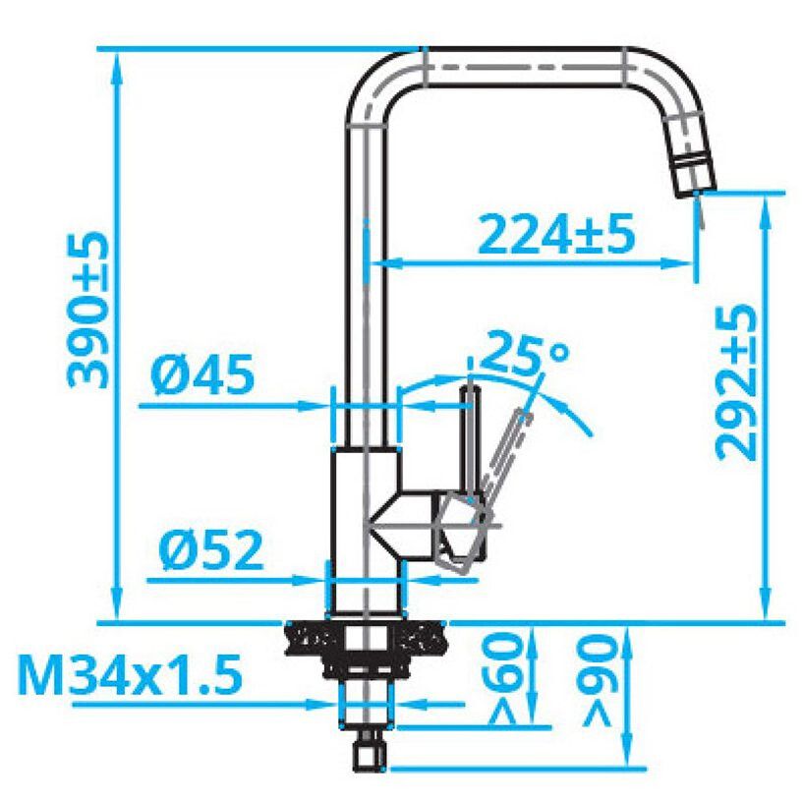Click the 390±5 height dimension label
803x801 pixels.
click(87, 310)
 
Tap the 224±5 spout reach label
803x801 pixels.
click(557, 235)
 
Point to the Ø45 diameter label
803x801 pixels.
click(202, 373)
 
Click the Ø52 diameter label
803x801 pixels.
click(211, 550)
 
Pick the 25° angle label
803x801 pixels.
click(525, 353)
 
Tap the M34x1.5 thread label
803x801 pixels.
click(130, 674)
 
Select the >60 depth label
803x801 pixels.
click(504, 678)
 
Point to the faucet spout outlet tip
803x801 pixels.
click(697, 194)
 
